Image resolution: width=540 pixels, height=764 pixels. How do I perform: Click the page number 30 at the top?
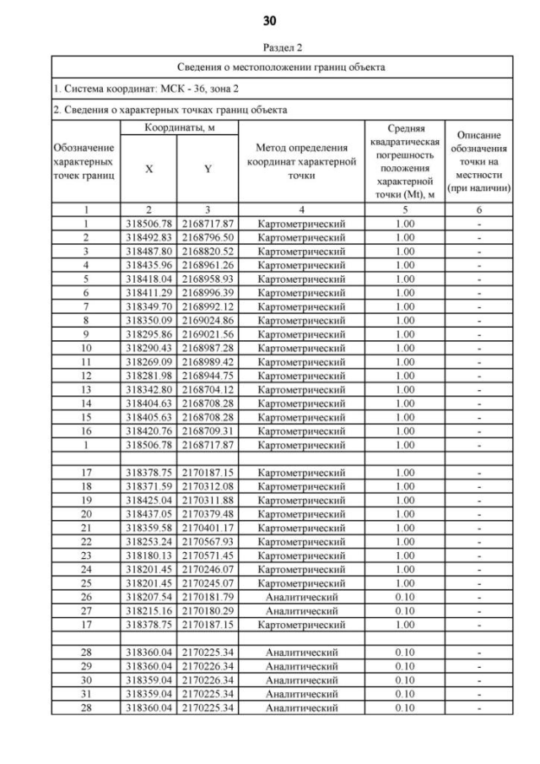point(270,19)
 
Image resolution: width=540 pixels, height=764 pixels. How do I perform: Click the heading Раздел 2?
point(270,48)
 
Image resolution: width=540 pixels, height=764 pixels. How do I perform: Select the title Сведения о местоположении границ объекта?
point(282,67)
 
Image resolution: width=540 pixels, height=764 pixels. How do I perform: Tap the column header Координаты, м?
point(179,127)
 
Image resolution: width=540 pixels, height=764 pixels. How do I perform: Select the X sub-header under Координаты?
point(148,169)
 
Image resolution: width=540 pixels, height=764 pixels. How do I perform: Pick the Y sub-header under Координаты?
point(208,169)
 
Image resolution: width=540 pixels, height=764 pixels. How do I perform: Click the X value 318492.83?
point(149,237)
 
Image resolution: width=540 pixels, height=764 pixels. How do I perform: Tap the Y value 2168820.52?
point(208,251)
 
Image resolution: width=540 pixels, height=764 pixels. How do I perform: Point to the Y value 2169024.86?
point(208,320)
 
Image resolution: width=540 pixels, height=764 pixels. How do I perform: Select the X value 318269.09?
point(149,361)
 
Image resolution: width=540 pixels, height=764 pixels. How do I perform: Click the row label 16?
point(85,430)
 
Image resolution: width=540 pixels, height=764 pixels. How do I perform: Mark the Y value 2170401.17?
point(208,528)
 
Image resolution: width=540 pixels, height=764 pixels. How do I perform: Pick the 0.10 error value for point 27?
point(405,610)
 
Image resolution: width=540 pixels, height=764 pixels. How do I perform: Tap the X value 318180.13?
point(149,555)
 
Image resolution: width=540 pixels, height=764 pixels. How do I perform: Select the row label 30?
point(85,680)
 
